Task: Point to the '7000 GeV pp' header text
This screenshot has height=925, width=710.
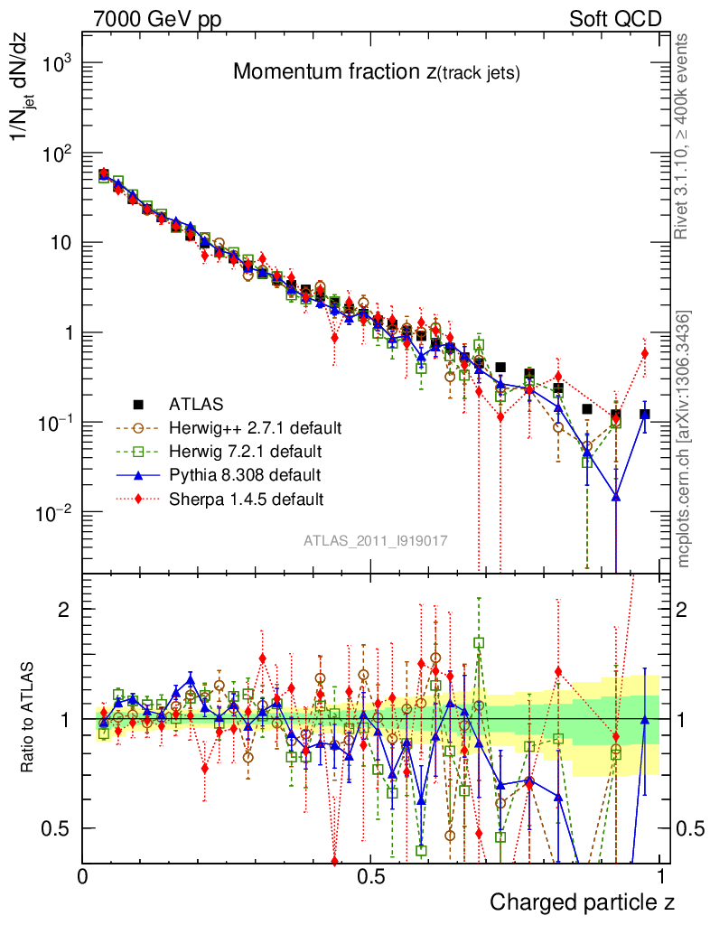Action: pyautogui.click(x=157, y=18)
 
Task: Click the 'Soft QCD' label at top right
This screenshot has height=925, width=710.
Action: pyautogui.click(x=615, y=18)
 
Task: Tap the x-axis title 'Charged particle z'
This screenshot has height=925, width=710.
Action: pyautogui.click(x=582, y=902)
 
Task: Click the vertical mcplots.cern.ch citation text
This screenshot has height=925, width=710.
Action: pyautogui.click(x=685, y=439)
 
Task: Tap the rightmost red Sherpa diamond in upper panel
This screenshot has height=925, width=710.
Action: pyautogui.click(x=645, y=353)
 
